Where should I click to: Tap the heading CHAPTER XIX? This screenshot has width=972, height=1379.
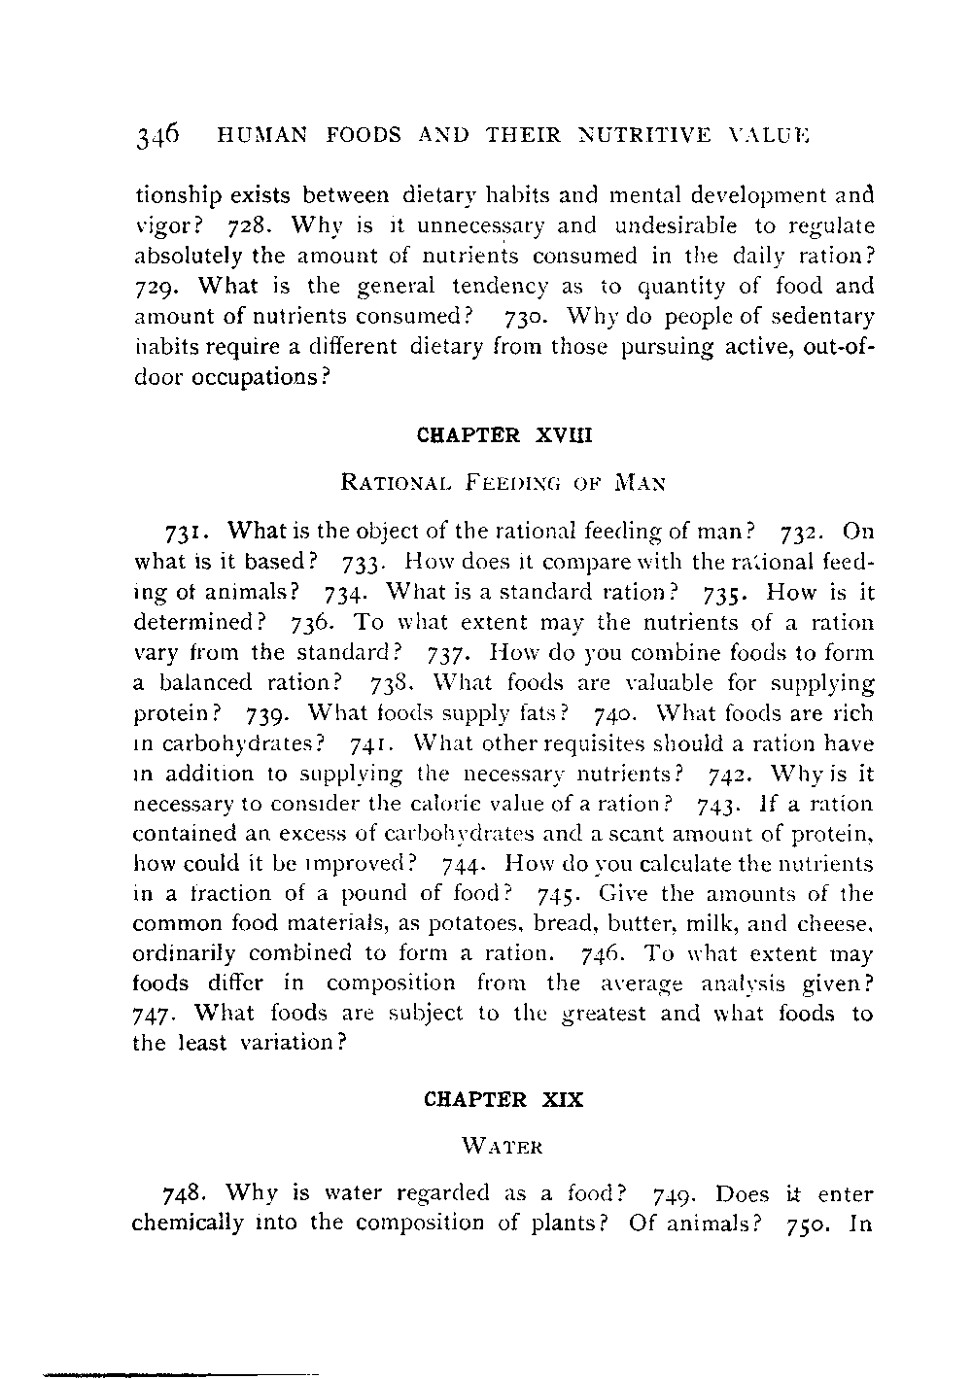click(503, 1101)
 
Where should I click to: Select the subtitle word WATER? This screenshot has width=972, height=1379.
click(503, 1146)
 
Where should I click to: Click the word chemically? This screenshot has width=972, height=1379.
click(186, 1221)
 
